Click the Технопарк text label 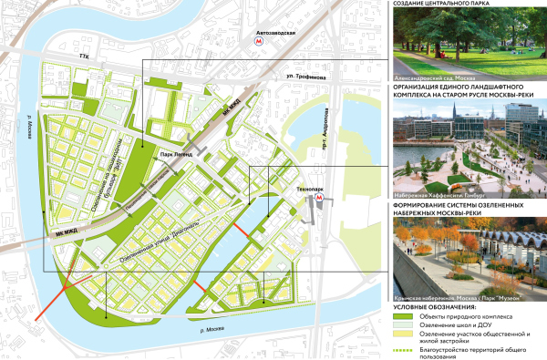[x=309, y=181]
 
